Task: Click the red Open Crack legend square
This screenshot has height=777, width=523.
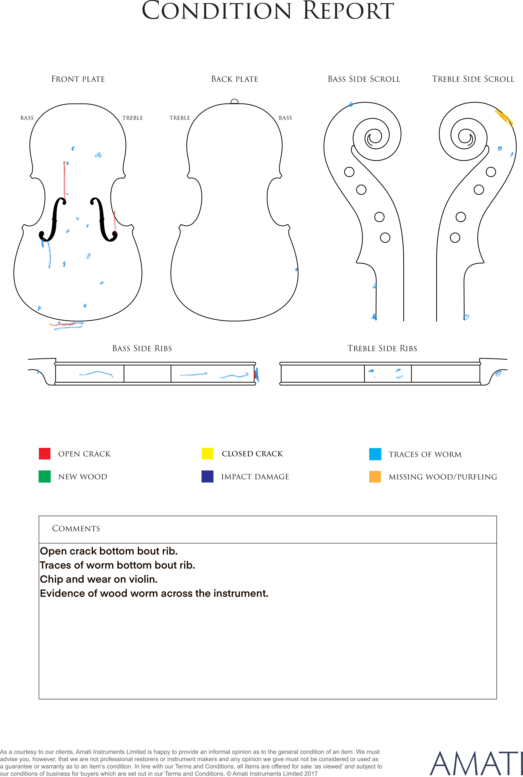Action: click(x=45, y=453)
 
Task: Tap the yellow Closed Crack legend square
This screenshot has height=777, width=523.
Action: click(x=207, y=453)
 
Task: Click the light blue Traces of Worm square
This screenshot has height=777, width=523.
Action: click(x=375, y=454)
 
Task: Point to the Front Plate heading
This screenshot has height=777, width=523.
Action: click(x=78, y=79)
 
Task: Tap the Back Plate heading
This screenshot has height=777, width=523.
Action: click(x=235, y=79)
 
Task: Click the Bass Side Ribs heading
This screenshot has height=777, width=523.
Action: click(x=142, y=348)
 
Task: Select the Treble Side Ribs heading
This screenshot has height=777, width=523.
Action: click(x=382, y=348)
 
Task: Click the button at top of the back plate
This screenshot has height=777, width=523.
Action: click(x=235, y=102)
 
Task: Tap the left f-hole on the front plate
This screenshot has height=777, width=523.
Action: click(x=52, y=219)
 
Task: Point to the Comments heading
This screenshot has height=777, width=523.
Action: click(x=76, y=528)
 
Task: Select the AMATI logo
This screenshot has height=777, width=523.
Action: click(x=476, y=763)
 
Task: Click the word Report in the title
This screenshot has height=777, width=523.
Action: click(x=348, y=11)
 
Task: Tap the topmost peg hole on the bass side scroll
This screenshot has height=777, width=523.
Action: click(x=349, y=172)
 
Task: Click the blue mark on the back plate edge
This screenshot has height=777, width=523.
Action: click(x=296, y=269)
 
